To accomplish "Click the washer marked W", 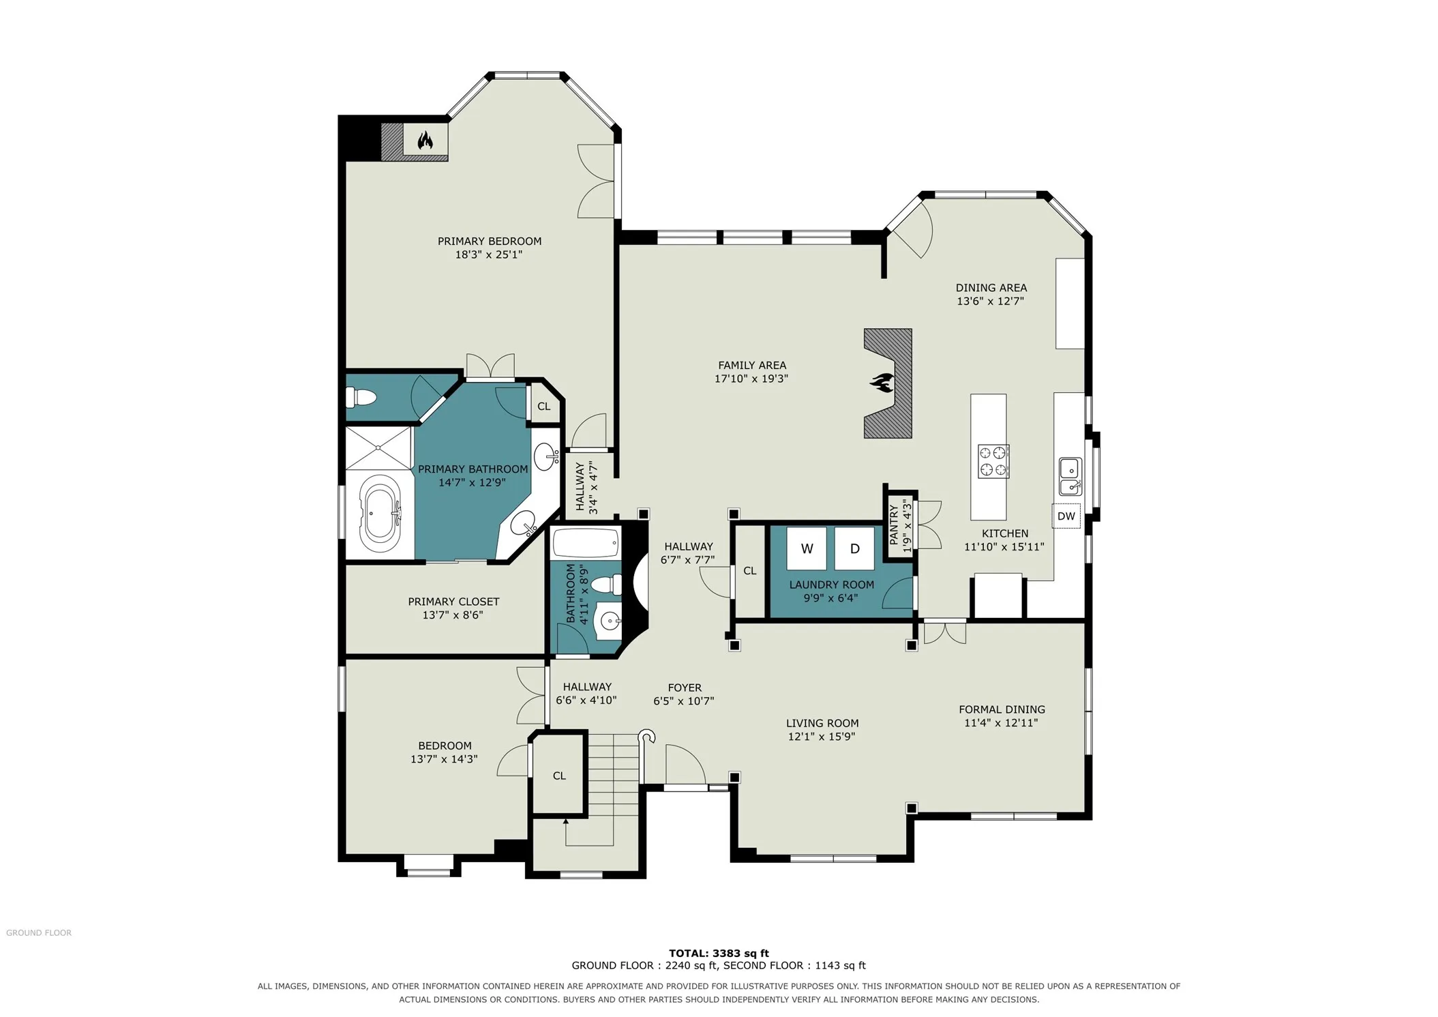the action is coord(807,548).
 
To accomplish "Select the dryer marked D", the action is coord(854,548).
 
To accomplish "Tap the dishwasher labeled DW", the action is coord(1066,516).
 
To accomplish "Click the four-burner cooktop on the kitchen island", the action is coord(993,461).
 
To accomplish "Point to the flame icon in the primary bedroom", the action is coord(425,141).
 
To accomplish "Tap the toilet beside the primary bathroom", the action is coord(361,396).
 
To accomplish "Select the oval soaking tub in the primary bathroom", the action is coord(380,514).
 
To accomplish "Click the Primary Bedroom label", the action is coord(490,241).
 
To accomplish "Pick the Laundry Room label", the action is coord(831,585).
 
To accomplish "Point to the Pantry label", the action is coord(894,525).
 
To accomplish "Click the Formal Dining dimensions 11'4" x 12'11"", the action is coord(1001,722).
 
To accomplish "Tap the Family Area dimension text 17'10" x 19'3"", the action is coord(751,379).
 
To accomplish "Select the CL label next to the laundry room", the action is coord(750,571).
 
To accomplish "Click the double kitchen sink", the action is coord(1070,476).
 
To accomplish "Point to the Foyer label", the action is coord(685,688).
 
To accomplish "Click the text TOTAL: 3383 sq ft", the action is coord(719,954).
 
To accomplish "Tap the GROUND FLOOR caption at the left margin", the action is coord(39,933).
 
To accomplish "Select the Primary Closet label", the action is coord(453,602).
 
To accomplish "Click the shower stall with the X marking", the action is coord(379,448).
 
